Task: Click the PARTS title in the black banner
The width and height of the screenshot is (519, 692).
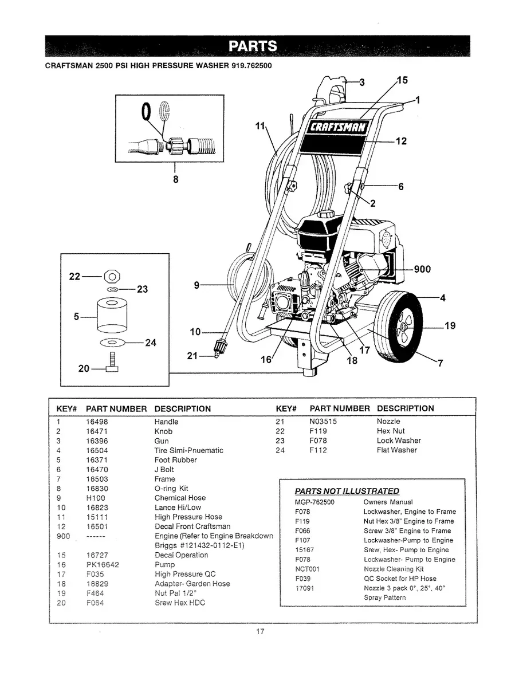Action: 253,46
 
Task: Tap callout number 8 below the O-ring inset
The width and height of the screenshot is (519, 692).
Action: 175,179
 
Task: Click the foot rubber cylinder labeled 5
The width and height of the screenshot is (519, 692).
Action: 112,314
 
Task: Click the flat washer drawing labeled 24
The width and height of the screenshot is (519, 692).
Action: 112,343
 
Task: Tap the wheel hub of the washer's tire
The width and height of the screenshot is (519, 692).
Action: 404,326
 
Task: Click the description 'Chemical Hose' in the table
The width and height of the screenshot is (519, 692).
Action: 180,498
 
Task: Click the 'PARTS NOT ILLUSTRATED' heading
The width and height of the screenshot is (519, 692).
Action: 347,491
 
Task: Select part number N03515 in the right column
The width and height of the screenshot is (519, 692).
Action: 323,421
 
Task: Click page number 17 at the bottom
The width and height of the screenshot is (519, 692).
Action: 259,632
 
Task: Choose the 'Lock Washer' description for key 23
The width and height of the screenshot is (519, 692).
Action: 399,441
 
